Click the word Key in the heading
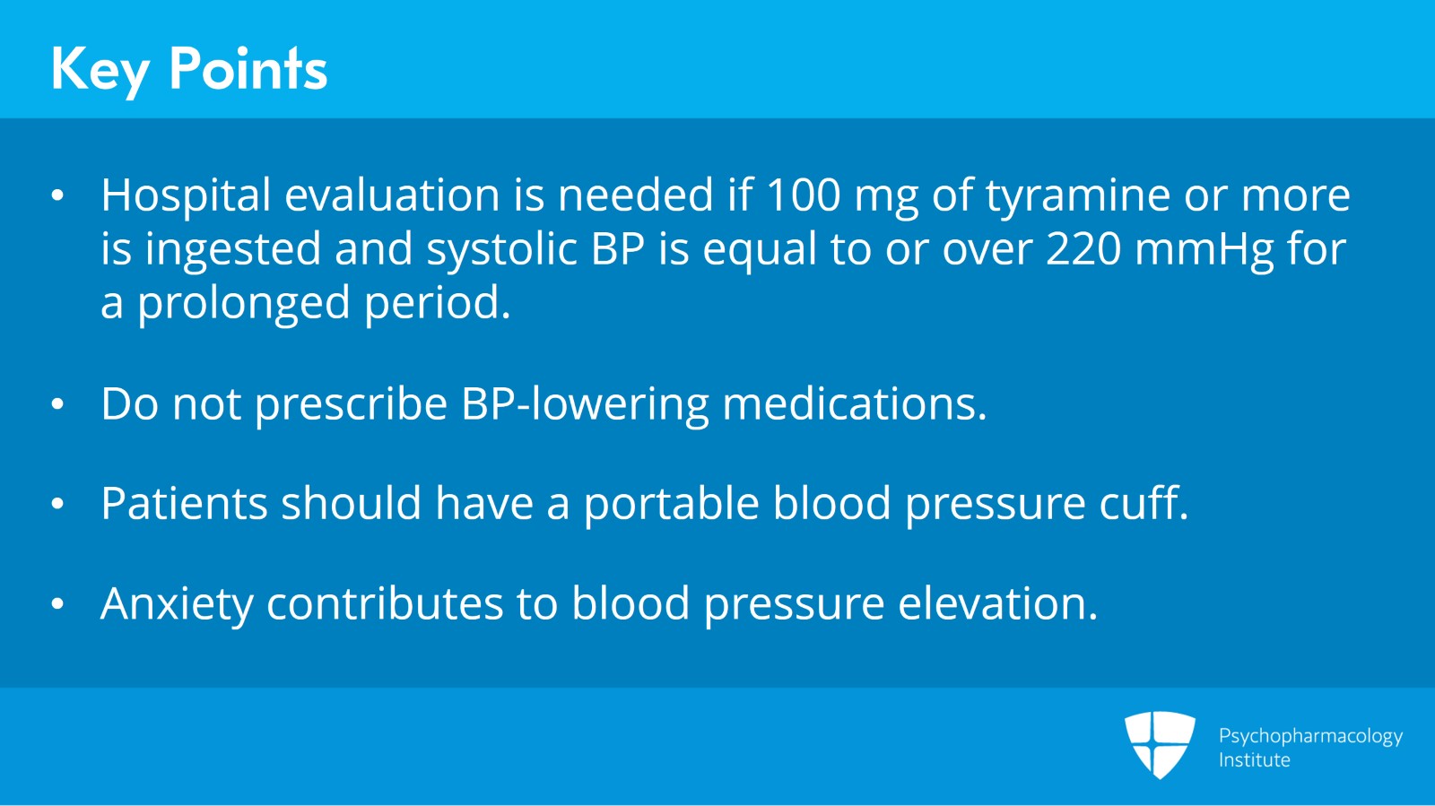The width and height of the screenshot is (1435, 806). click(x=100, y=69)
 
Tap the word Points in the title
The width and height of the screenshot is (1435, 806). click(x=248, y=69)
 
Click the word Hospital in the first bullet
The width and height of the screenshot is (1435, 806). click(x=186, y=195)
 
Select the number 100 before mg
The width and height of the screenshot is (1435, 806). click(x=803, y=195)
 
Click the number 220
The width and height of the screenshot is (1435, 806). click(x=1083, y=249)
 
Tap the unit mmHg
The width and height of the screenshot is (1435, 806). click(x=1204, y=249)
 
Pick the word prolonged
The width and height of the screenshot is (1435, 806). click(x=243, y=304)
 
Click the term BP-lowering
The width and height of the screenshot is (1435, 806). click(x=585, y=404)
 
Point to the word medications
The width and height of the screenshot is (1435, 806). click(x=854, y=404)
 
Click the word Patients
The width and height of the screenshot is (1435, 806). click(x=184, y=503)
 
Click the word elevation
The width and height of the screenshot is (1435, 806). click(x=997, y=603)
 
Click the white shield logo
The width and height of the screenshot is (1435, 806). click(x=1160, y=744)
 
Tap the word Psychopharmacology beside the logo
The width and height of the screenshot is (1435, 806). click(x=1310, y=736)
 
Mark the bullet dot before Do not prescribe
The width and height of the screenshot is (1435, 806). click(x=58, y=405)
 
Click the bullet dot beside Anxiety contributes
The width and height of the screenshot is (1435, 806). click(x=58, y=604)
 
